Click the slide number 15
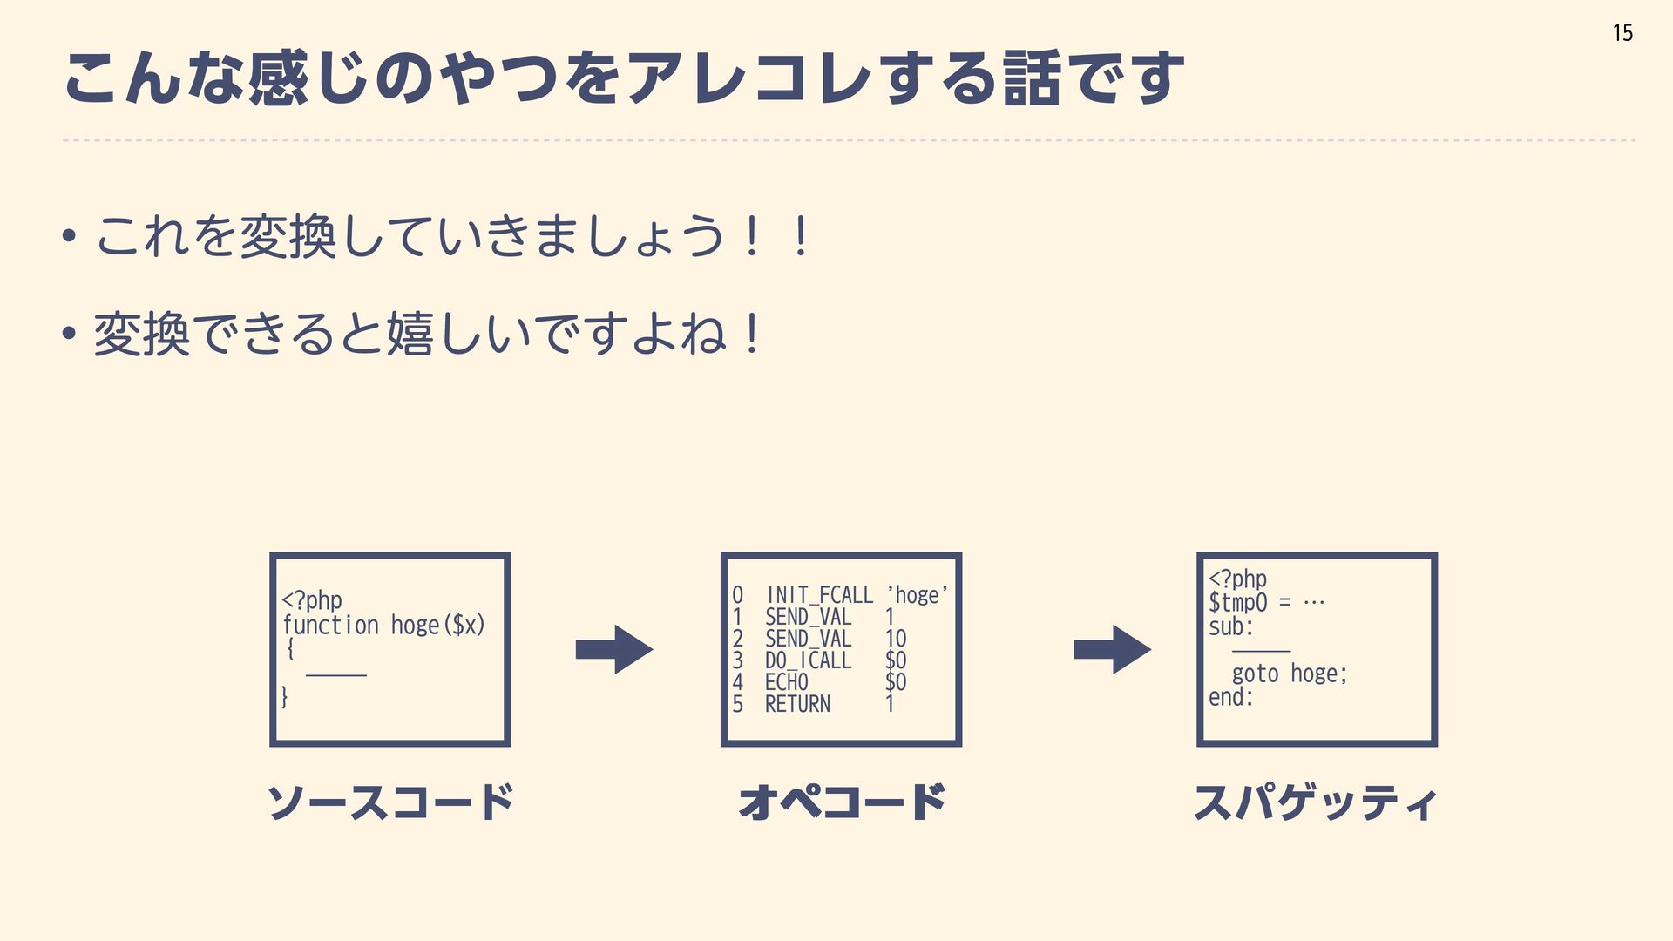(1622, 33)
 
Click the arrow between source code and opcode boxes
(614, 649)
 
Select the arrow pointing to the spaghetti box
(1112, 649)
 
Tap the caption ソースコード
(389, 802)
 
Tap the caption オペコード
(841, 802)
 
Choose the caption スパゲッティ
(1316, 802)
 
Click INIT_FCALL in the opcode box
(819, 595)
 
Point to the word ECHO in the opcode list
(786, 682)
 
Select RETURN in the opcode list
(797, 704)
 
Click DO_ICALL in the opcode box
(808, 660)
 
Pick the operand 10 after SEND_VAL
(896, 639)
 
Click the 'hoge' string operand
(918, 595)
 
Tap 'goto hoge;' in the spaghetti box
(1290, 674)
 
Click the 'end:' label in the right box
(1230, 697)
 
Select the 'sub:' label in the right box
(1230, 626)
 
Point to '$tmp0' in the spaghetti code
(1237, 602)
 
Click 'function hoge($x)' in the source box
(383, 625)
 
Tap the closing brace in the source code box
(285, 696)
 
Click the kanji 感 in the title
(277, 78)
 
